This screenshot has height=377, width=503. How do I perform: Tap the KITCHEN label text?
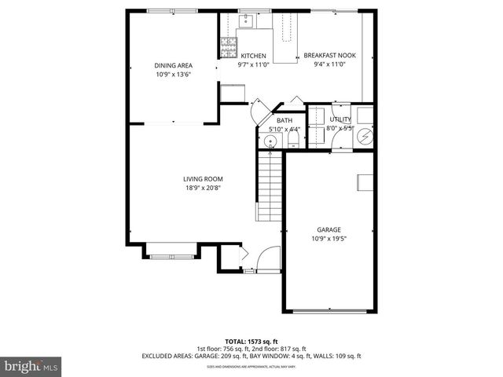[253, 56]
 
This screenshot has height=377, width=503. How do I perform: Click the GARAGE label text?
[329, 229]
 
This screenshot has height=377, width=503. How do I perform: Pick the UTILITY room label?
[340, 119]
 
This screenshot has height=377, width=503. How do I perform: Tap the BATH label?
[284, 120]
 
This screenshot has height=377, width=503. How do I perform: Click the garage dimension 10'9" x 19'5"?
[329, 238]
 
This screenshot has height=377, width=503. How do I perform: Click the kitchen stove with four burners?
[228, 48]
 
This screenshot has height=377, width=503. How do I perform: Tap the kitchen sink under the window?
[245, 20]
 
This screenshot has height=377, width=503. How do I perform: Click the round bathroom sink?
[270, 141]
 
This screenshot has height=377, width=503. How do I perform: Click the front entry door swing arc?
[269, 258]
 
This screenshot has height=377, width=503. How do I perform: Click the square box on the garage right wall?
[366, 182]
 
